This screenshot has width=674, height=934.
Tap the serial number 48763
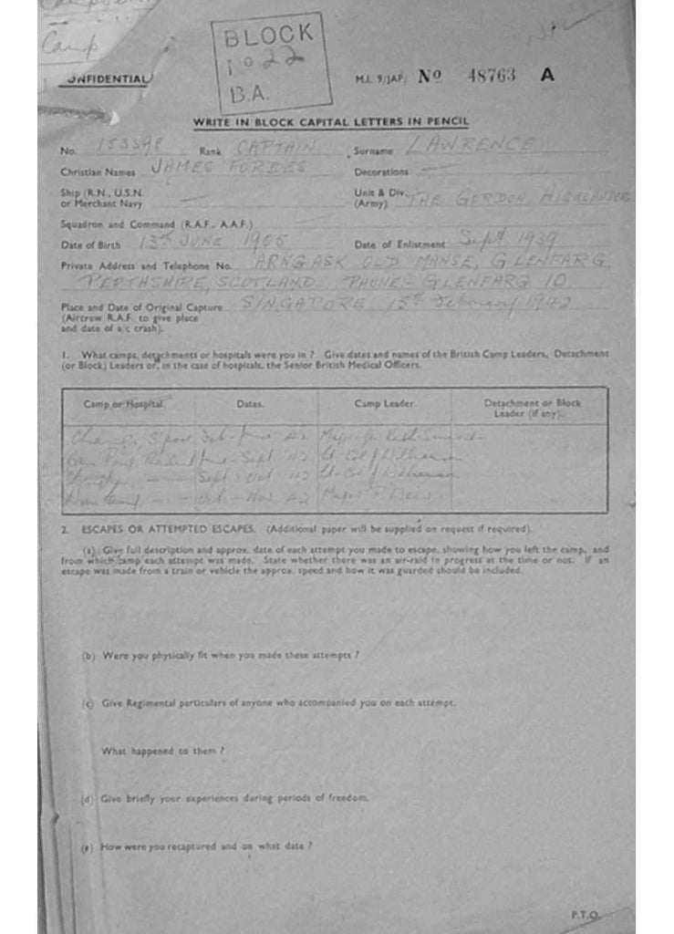coord(491,76)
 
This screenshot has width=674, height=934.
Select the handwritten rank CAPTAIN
coord(276,146)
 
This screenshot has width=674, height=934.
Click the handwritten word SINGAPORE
coord(300,304)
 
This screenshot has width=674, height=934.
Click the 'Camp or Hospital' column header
coord(125,403)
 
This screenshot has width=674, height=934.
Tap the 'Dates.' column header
coord(250,403)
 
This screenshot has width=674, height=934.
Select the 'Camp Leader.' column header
coord(384,403)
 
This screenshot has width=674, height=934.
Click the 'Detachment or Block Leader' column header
coord(532,408)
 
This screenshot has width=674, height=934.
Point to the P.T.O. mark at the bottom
coord(585,913)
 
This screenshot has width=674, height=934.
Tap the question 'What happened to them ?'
coord(162,751)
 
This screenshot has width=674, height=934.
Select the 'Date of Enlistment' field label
coord(399,244)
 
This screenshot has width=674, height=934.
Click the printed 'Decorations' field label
coord(381,171)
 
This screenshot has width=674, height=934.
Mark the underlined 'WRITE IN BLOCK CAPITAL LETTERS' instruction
coord(330,123)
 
